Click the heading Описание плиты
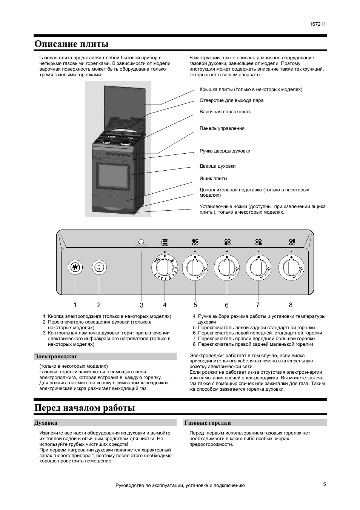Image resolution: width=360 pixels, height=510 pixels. coord(71,44)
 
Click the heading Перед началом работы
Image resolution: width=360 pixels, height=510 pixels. coord(85,408)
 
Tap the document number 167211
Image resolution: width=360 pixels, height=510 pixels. coord(318,24)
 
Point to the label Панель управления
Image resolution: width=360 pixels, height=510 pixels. coord(222,128)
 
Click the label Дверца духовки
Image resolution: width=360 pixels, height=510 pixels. coord(217,166)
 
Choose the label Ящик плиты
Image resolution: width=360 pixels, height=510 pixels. coord(213,179)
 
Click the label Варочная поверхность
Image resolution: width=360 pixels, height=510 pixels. coord(225,112)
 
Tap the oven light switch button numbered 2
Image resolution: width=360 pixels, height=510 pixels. coord(99,268)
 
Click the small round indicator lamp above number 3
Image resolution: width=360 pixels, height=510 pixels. coord(142,242)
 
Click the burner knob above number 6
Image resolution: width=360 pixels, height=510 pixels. coord(227,268)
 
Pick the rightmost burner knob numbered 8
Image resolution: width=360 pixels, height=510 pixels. coord(291,268)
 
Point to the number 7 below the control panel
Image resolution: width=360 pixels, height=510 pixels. coord(258,305)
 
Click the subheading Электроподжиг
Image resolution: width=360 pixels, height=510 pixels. coord(55,356)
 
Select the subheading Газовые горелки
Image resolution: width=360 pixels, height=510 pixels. coord(207,423)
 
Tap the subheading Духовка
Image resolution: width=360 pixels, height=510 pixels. coord(46,423)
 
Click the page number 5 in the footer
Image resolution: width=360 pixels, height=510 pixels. coord(324,484)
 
